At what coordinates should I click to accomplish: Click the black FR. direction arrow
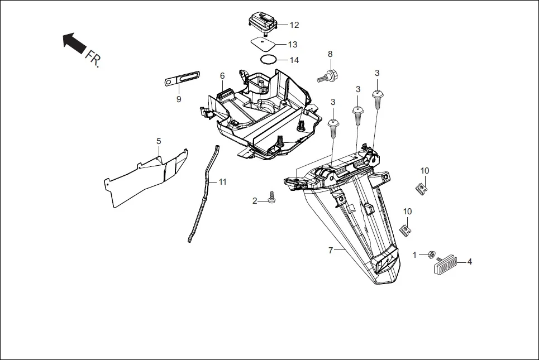pyautogui.click(x=72, y=42)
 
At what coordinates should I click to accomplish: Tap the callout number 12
pyautogui.click(x=294, y=25)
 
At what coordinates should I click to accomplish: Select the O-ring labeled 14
pyautogui.click(x=268, y=59)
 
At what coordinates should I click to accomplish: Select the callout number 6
pyautogui.click(x=222, y=76)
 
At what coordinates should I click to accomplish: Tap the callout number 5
pyautogui.click(x=159, y=141)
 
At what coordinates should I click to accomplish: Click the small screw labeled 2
pyautogui.click(x=273, y=197)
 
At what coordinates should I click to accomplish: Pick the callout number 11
pyautogui.click(x=223, y=182)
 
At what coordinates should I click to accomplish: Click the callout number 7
pyautogui.click(x=331, y=251)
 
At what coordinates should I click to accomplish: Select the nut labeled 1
pyautogui.click(x=431, y=255)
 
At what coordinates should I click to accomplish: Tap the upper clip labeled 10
pyautogui.click(x=422, y=187)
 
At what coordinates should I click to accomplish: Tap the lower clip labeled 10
pyautogui.click(x=407, y=228)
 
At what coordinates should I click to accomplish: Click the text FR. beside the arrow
pyautogui.click(x=93, y=59)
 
